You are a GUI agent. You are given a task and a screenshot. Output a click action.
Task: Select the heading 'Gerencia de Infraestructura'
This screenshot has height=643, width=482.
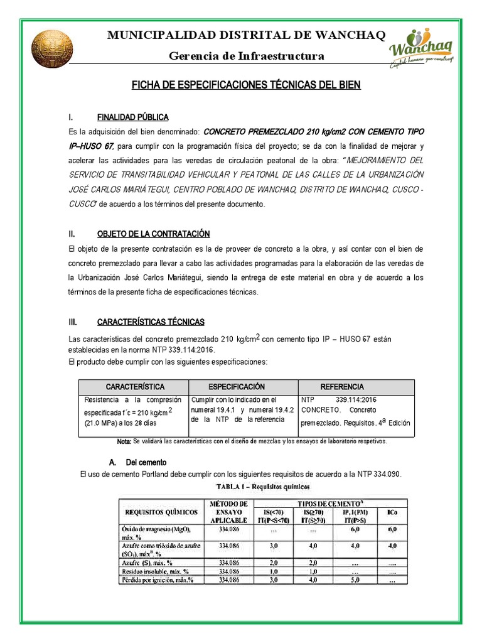(247, 57)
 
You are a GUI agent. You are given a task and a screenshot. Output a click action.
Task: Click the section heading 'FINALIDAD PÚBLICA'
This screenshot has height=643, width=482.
(132, 117)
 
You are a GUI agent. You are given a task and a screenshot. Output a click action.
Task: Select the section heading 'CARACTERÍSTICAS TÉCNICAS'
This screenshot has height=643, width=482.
(151, 322)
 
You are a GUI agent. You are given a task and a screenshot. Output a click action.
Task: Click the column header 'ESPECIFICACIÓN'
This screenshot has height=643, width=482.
(237, 387)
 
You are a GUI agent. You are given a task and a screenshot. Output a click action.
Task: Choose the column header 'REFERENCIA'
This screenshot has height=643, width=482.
(342, 387)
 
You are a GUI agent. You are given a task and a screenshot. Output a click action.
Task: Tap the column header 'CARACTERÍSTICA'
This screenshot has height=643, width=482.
(135, 387)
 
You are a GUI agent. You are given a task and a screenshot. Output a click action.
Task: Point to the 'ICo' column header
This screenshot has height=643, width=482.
(392, 512)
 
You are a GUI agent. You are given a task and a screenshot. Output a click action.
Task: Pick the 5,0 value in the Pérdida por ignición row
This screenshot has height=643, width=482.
(355, 581)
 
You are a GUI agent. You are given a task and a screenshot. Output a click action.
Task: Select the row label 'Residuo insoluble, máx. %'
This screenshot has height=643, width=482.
(158, 572)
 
